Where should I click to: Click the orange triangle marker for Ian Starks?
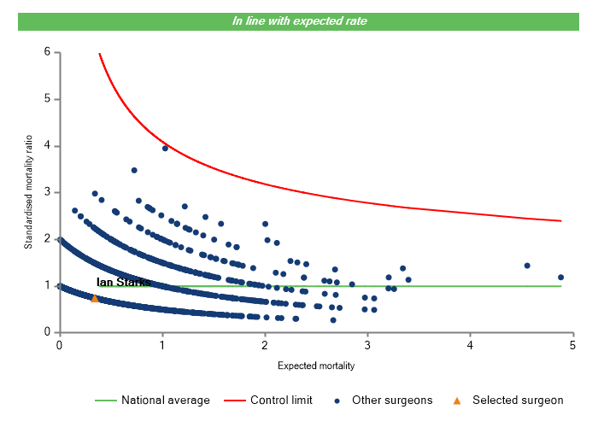[x=95, y=298]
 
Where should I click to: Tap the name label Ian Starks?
[x=124, y=282]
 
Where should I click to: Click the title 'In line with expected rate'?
[x=299, y=20]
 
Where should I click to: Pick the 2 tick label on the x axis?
[x=265, y=345]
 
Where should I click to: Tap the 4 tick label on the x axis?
[x=471, y=345]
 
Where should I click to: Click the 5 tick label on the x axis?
[x=573, y=345]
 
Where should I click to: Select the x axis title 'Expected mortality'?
[x=316, y=366]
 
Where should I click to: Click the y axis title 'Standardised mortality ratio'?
[x=28, y=192]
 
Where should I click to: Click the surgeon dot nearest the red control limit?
[x=165, y=148]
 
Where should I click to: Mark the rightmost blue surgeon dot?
[x=560, y=278]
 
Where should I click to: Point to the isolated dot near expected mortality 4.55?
[x=527, y=266]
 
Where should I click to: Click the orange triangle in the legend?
[x=457, y=400]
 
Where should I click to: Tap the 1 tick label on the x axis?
[x=162, y=345]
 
